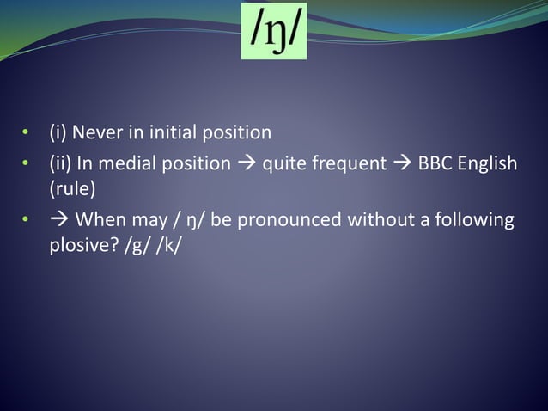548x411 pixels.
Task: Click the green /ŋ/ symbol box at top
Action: pos(274,31)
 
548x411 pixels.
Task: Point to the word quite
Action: pos(283,163)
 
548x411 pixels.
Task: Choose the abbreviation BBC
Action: pos(435,163)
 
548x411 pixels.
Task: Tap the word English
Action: pos(488,163)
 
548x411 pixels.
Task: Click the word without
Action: pos(380,220)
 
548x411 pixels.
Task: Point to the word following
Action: pos(476,220)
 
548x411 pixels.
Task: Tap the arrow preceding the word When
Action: pos(60,220)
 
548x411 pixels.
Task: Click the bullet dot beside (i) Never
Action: pos(27,134)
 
